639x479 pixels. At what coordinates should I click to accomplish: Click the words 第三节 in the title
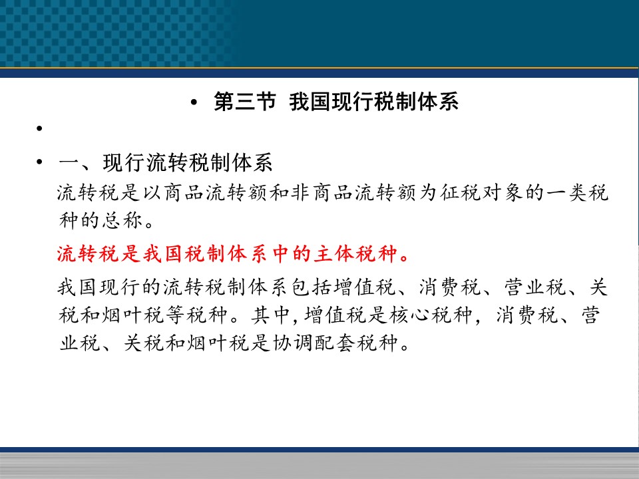coord(245,101)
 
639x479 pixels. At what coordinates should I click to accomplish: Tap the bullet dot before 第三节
coord(194,102)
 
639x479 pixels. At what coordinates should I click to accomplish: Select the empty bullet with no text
coord(39,128)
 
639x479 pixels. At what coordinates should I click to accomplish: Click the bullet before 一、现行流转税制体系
coord(39,162)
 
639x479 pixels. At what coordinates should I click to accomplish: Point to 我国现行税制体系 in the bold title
coord(373,101)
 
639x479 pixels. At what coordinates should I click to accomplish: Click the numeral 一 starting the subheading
coord(69,163)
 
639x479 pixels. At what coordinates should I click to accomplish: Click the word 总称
coord(122,220)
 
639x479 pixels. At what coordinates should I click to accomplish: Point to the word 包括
coord(312,287)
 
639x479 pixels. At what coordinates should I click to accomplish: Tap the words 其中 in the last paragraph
coord(270,315)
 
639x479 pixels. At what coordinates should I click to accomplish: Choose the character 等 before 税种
coord(175,315)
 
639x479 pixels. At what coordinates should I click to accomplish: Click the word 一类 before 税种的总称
coord(566,193)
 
